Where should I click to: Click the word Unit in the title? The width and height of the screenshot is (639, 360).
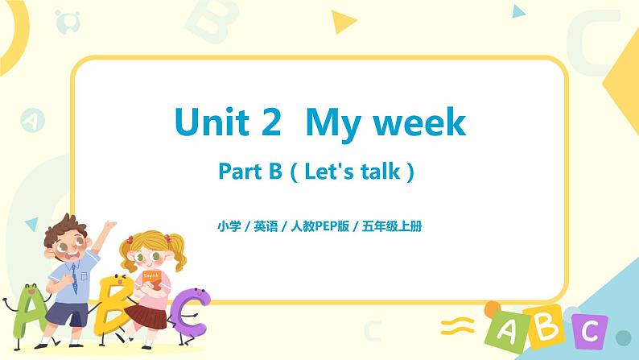pyautogui.click(x=210, y=122)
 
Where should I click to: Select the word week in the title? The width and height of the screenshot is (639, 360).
pyautogui.click(x=418, y=122)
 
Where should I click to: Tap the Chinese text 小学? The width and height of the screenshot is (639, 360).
pyautogui.click(x=228, y=226)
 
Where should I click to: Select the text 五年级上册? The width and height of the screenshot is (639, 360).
pyautogui.click(x=396, y=226)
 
